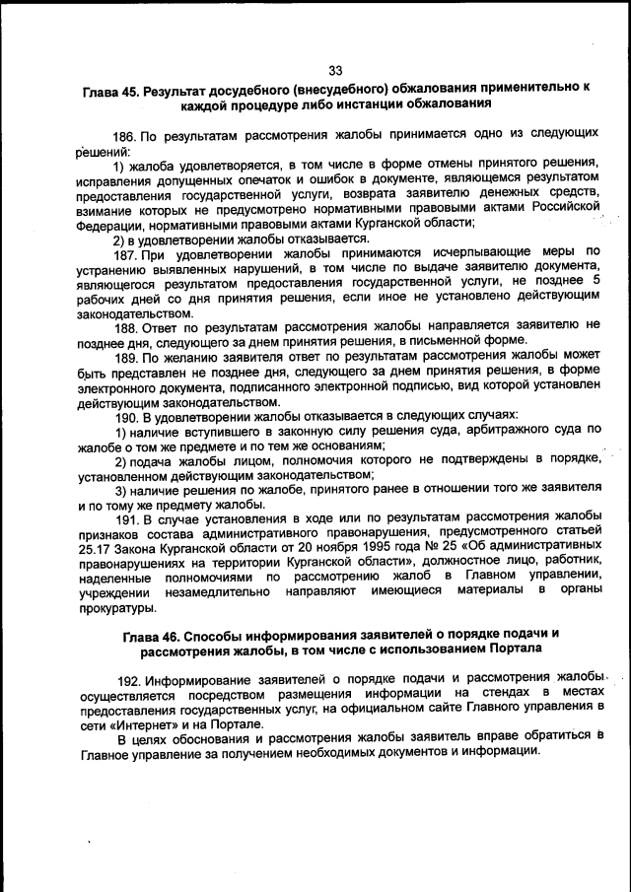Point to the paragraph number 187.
126,253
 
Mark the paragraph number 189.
126,356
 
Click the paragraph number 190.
126,415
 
